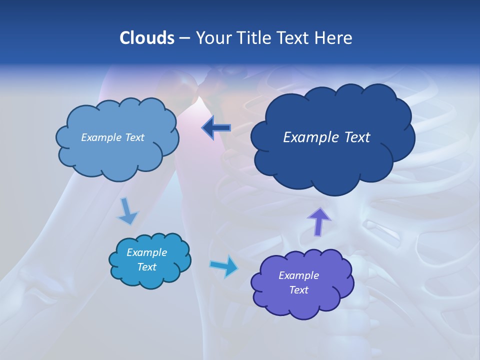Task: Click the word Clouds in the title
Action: click(x=146, y=38)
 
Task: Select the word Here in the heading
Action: click(x=334, y=38)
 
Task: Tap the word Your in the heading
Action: click(x=213, y=38)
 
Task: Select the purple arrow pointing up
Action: click(x=318, y=220)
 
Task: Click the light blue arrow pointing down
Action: click(x=127, y=211)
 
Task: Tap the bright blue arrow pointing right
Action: click(x=224, y=266)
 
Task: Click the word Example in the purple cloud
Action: click(x=298, y=275)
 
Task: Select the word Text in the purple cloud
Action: click(x=298, y=290)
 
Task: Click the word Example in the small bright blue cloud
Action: click(x=146, y=252)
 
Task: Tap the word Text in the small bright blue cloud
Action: click(x=146, y=267)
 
